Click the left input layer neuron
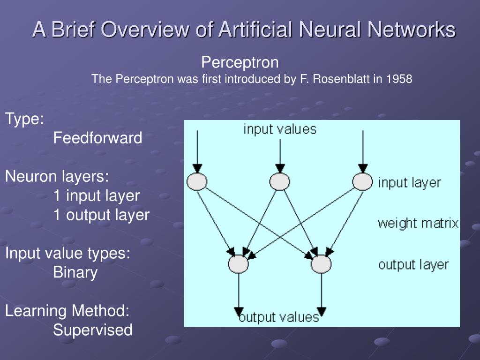point(197,181)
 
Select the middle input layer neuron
point(280,181)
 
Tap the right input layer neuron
point(362,181)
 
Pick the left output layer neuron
point(239,264)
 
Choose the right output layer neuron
point(321,264)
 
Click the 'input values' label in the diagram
point(280,129)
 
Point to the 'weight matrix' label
point(418,223)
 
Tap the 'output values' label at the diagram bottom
point(279,317)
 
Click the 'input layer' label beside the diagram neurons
point(409,182)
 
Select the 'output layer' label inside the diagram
point(413,265)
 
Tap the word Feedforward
point(97,138)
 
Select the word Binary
point(75,272)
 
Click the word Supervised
point(93,330)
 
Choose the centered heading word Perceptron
point(240,62)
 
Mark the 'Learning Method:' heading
point(67,310)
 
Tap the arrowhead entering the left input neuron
point(197,168)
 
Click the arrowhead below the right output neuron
point(321,312)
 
